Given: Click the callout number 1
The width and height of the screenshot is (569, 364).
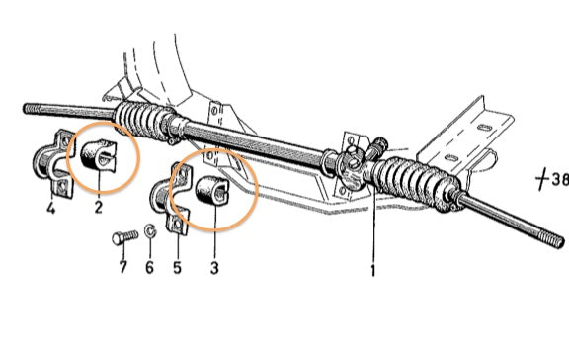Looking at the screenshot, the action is point(372,271).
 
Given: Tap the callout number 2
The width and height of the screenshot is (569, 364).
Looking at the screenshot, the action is point(99,208).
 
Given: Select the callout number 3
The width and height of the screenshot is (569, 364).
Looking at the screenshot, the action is point(214,268).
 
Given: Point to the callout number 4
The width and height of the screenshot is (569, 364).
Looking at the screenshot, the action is point(51,208).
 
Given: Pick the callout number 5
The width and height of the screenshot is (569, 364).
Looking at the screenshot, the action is point(177,268).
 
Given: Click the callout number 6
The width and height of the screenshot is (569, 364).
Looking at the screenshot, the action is point(149,268).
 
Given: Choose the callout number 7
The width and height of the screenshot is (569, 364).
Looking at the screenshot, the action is point(123,268).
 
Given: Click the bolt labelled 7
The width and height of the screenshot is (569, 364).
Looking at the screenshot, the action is point(125,237).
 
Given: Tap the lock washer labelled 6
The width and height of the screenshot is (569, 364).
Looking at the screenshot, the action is point(150,231).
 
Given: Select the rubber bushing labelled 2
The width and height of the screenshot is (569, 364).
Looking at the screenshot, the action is point(98,156).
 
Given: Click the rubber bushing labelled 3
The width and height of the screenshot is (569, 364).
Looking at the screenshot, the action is point(212,190).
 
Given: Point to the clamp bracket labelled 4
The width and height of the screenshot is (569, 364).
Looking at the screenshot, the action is point(53,163).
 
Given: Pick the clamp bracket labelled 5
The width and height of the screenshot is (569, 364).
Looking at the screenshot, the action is point(171,198).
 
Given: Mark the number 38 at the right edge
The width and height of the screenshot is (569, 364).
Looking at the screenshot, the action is point(560,178).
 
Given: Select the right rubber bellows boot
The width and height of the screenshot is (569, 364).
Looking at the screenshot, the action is point(416,184).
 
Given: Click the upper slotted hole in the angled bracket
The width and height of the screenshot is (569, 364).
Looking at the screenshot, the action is point(485,128).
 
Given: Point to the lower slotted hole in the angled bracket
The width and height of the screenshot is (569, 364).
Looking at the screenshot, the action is point(451,158).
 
